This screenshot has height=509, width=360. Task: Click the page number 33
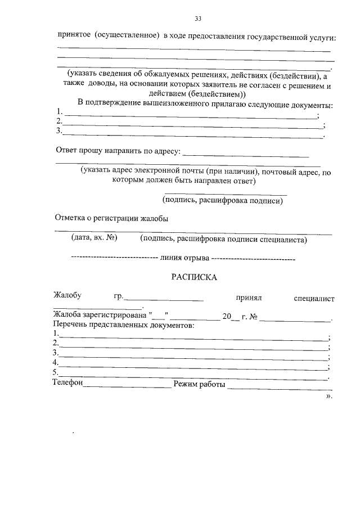tap(198, 19)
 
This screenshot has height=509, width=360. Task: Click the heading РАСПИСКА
tap(193, 277)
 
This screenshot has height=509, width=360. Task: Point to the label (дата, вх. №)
tap(93, 238)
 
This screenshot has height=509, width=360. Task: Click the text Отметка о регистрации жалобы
tap(111, 219)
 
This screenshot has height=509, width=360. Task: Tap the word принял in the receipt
tap(249, 297)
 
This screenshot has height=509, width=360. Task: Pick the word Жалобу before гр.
tap(67, 296)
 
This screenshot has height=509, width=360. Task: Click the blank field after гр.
tap(164, 298)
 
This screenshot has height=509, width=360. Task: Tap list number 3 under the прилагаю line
tap(59, 131)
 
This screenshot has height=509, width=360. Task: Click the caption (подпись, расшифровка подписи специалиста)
tap(224, 239)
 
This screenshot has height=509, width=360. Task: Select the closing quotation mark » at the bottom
tap(329, 396)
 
